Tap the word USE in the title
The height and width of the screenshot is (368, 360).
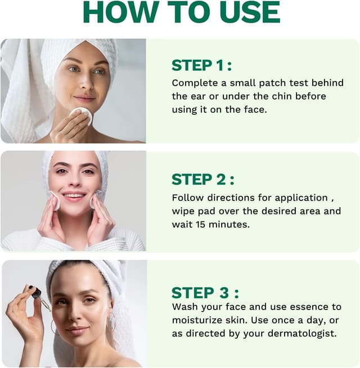pyautogui.click(x=250, y=12)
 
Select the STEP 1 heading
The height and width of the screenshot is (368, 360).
pyautogui.click(x=201, y=65)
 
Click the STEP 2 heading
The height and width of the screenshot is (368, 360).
pyautogui.click(x=203, y=179)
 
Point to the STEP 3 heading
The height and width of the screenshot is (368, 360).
pyautogui.click(x=205, y=293)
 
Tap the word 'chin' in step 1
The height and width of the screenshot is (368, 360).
pyautogui.click(x=281, y=96)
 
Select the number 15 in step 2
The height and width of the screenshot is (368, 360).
pyautogui.click(x=201, y=225)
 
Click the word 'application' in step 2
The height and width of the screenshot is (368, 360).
pyautogui.click(x=301, y=198)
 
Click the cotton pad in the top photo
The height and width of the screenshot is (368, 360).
pyautogui.click(x=81, y=115)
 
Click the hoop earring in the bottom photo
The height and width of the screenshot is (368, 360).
pyautogui.click(x=111, y=323)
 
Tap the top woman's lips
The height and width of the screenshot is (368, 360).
pyautogui.click(x=84, y=98)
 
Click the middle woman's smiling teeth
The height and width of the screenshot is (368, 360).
pyautogui.click(x=74, y=195)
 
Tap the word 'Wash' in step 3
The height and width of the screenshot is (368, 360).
pyautogui.click(x=185, y=307)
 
